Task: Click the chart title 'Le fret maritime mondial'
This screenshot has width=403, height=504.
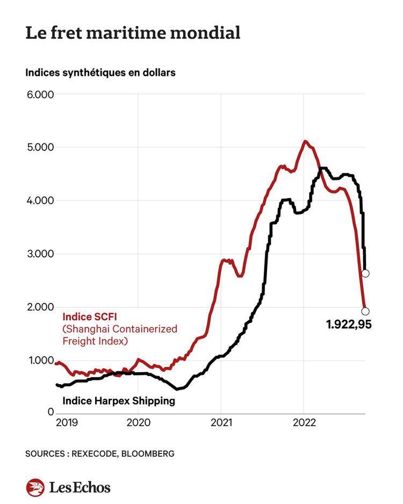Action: tap(132, 33)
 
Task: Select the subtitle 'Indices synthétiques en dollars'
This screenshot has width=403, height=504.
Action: tap(100, 73)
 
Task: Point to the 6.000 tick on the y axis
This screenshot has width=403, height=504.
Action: tap(40, 95)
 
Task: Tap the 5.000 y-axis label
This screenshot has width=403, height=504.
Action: tap(40, 148)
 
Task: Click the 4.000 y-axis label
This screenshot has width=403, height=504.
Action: tap(40, 201)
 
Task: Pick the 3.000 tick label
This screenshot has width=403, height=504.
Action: tap(40, 254)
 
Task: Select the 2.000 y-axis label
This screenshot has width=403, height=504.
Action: tap(40, 307)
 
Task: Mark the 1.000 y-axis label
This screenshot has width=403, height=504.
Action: tap(40, 361)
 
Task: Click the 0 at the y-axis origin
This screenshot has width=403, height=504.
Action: tap(51, 412)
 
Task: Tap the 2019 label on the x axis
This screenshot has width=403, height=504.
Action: tap(67, 423)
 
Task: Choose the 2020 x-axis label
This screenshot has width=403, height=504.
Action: tap(138, 423)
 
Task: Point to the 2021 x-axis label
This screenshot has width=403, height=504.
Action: tap(221, 423)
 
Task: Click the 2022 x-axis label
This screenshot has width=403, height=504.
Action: tap(304, 423)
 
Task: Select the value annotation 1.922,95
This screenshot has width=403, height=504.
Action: tap(349, 325)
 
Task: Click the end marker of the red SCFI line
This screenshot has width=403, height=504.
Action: tap(365, 311)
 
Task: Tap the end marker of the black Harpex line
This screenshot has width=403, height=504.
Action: tap(365, 273)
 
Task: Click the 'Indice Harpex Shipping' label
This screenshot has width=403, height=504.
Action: tap(119, 401)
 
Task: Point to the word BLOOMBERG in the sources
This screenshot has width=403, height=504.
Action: tap(148, 454)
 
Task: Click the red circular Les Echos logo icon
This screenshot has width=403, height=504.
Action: tap(35, 487)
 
